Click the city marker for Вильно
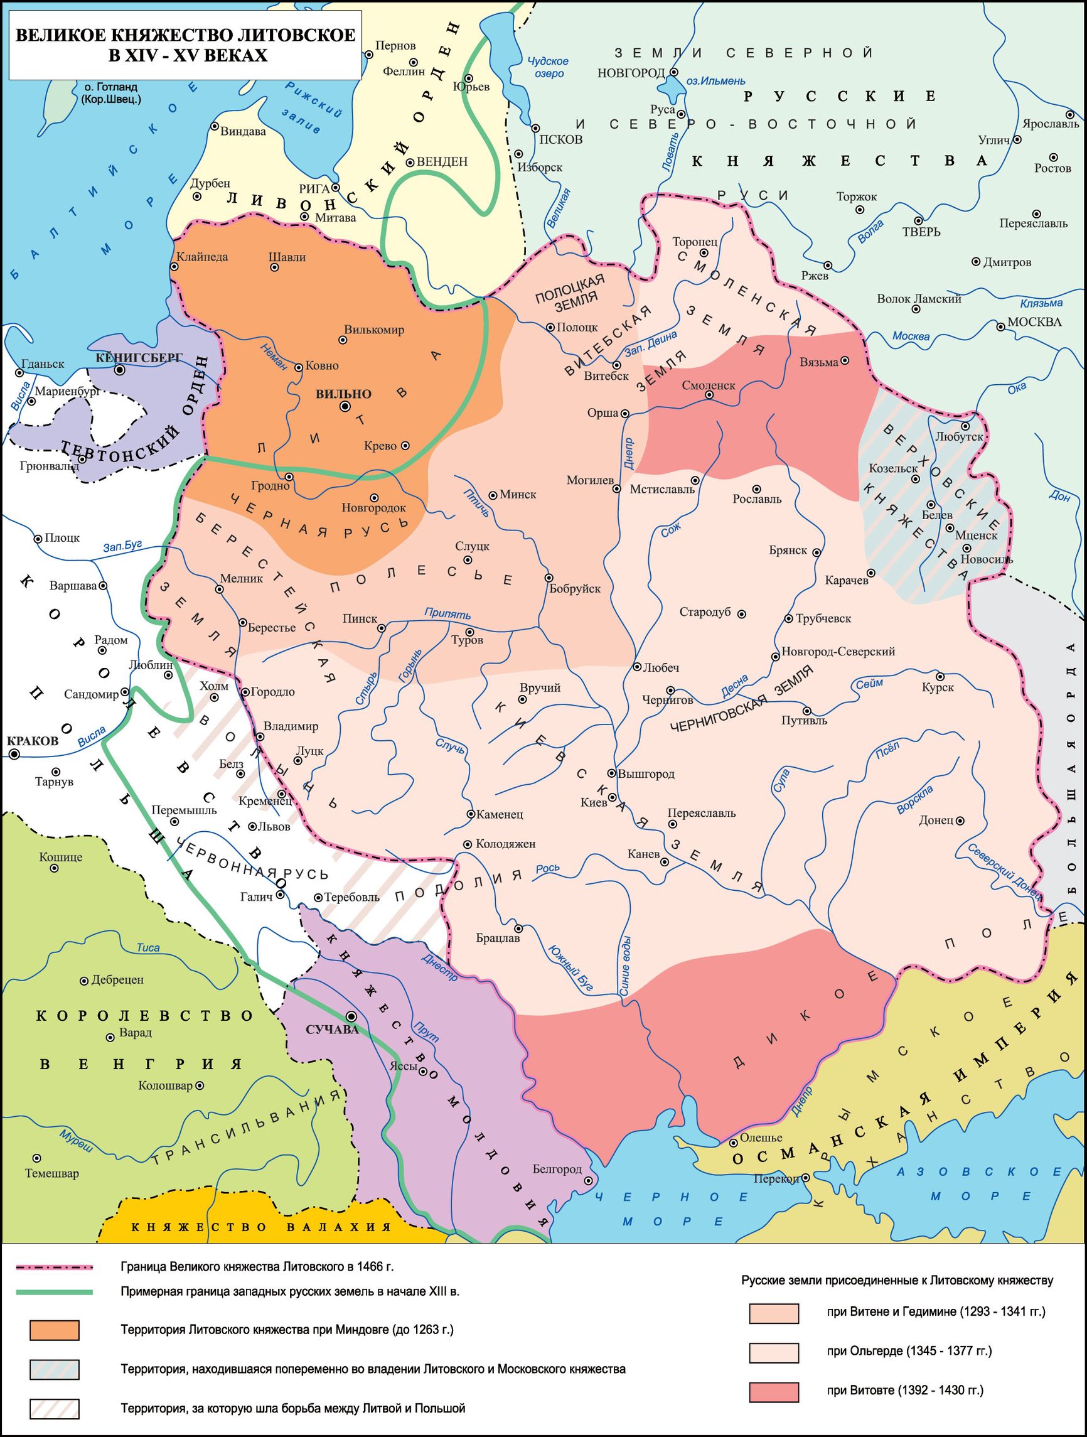point(345,407)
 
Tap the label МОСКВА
point(1034,322)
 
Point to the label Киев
point(594,802)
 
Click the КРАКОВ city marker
point(14,753)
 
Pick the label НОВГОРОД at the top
point(631,72)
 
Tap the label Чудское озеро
point(548,68)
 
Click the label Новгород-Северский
point(838,651)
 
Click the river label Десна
point(734,686)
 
